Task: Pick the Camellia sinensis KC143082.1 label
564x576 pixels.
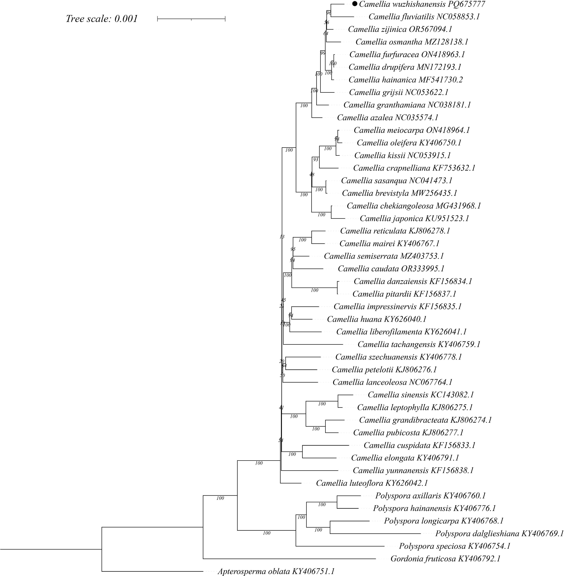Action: [421, 395]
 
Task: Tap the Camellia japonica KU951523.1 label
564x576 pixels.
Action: [414, 218]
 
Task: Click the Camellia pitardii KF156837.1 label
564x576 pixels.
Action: [404, 294]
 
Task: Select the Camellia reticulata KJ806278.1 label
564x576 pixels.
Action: [395, 231]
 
